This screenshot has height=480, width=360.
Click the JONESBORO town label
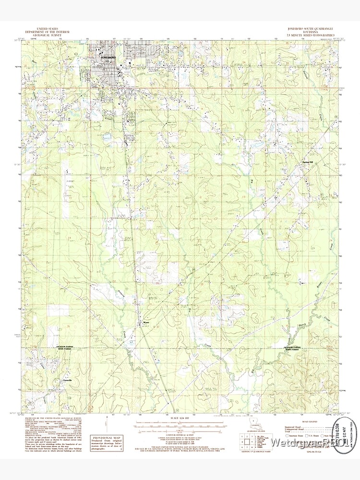[109, 57]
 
